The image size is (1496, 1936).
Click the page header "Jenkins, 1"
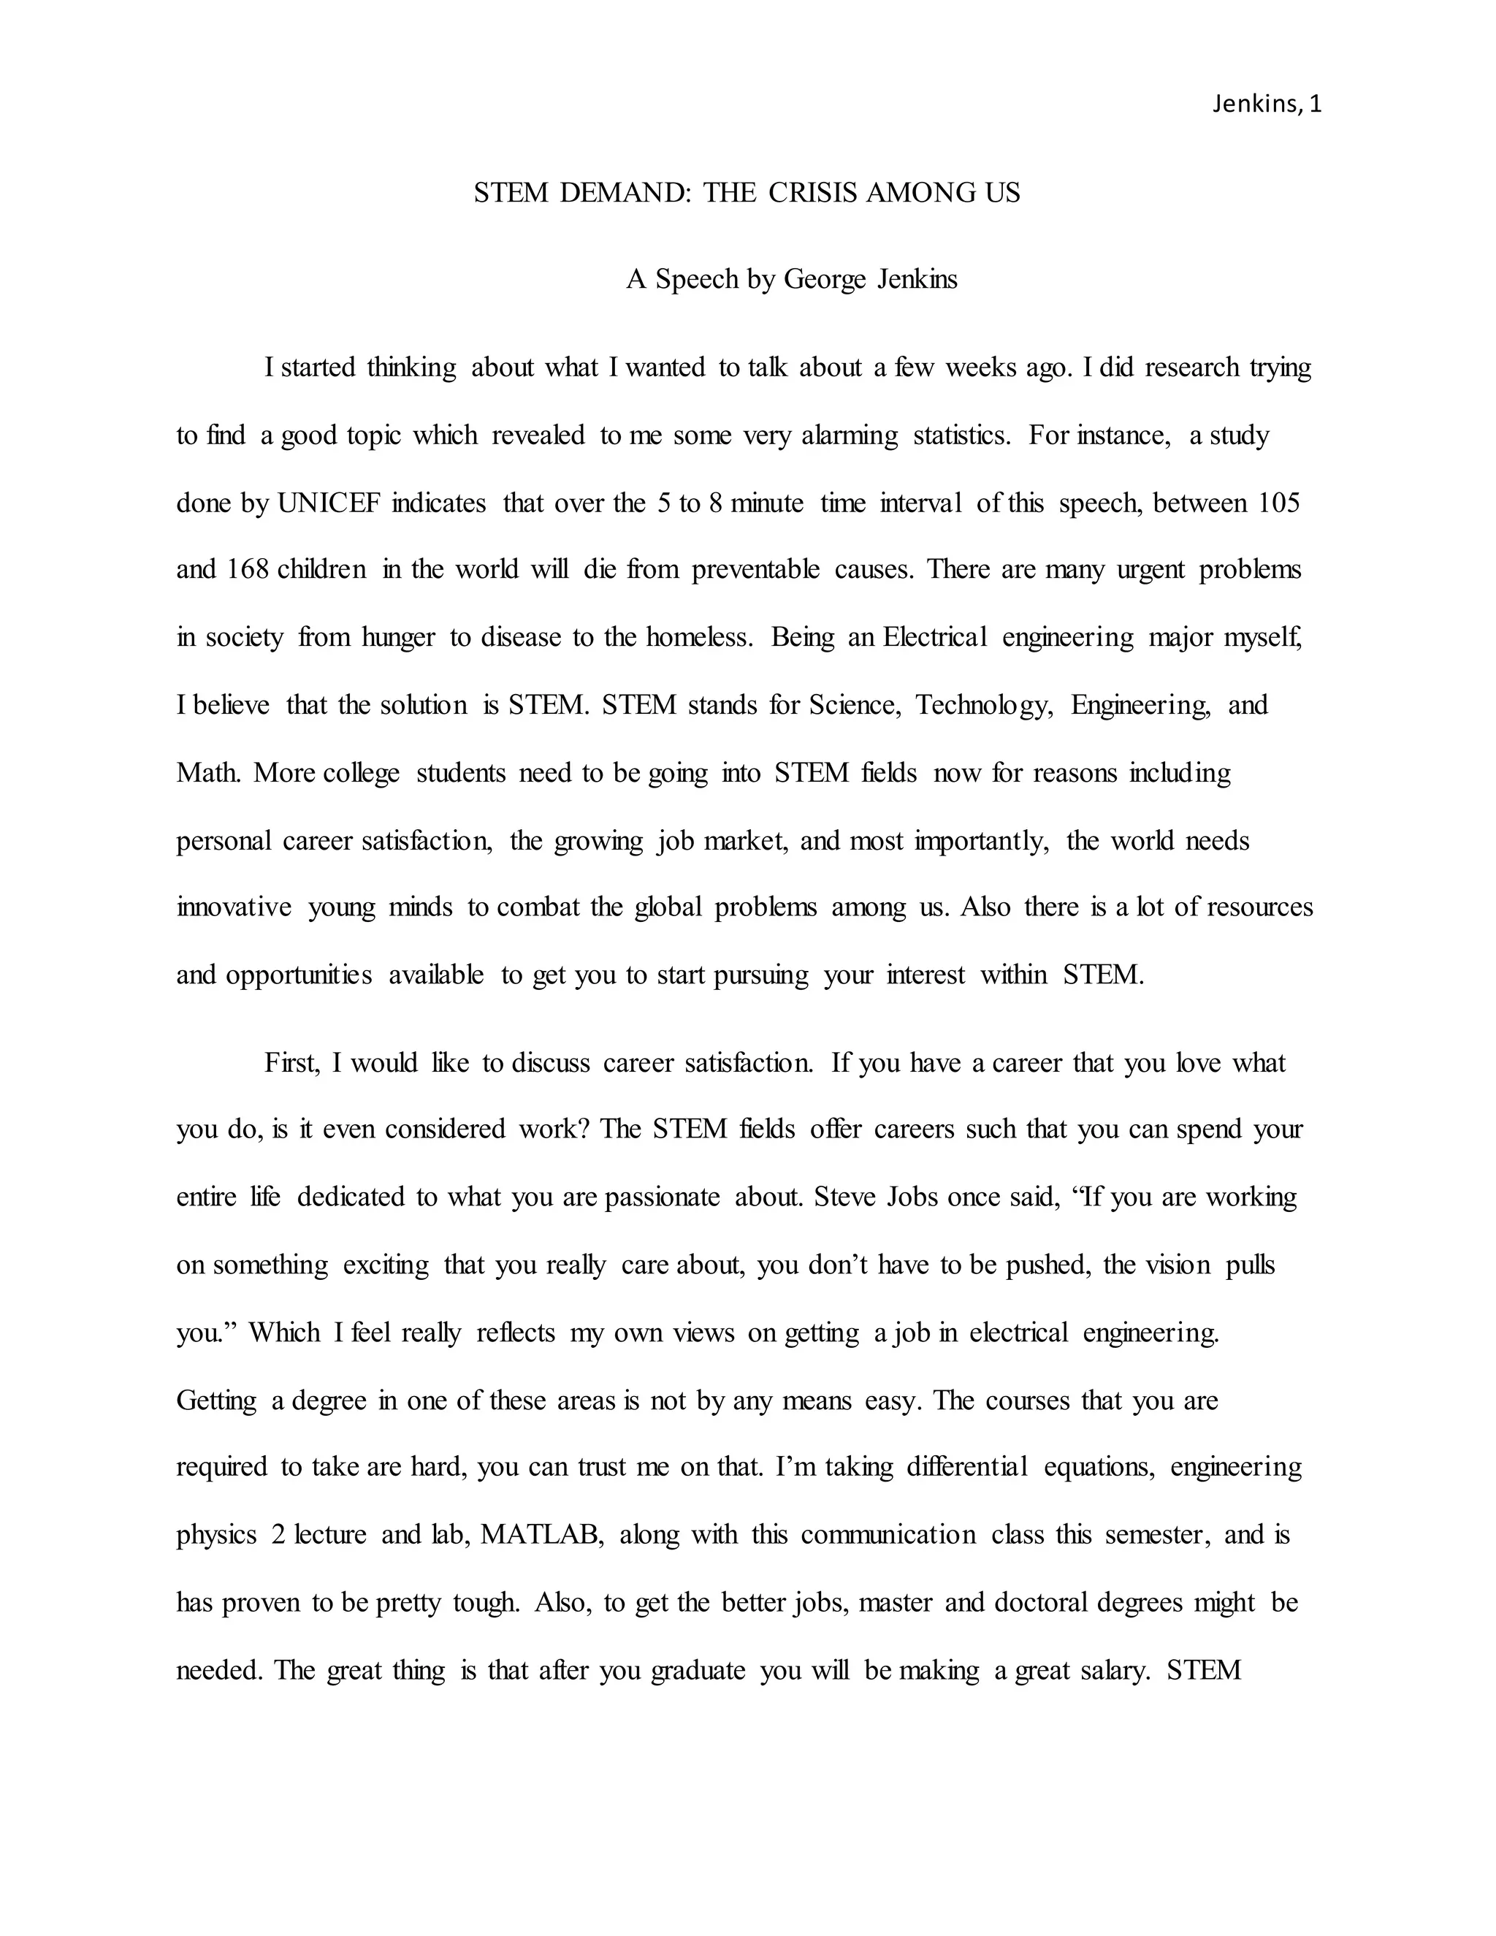1267,104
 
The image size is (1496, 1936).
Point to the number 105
1278,503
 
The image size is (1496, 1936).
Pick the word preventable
755,569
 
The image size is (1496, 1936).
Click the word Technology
984,706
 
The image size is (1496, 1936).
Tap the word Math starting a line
207,773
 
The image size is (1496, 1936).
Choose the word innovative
234,907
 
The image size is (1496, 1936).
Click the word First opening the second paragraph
291,1063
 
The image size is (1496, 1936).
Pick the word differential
967,1467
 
